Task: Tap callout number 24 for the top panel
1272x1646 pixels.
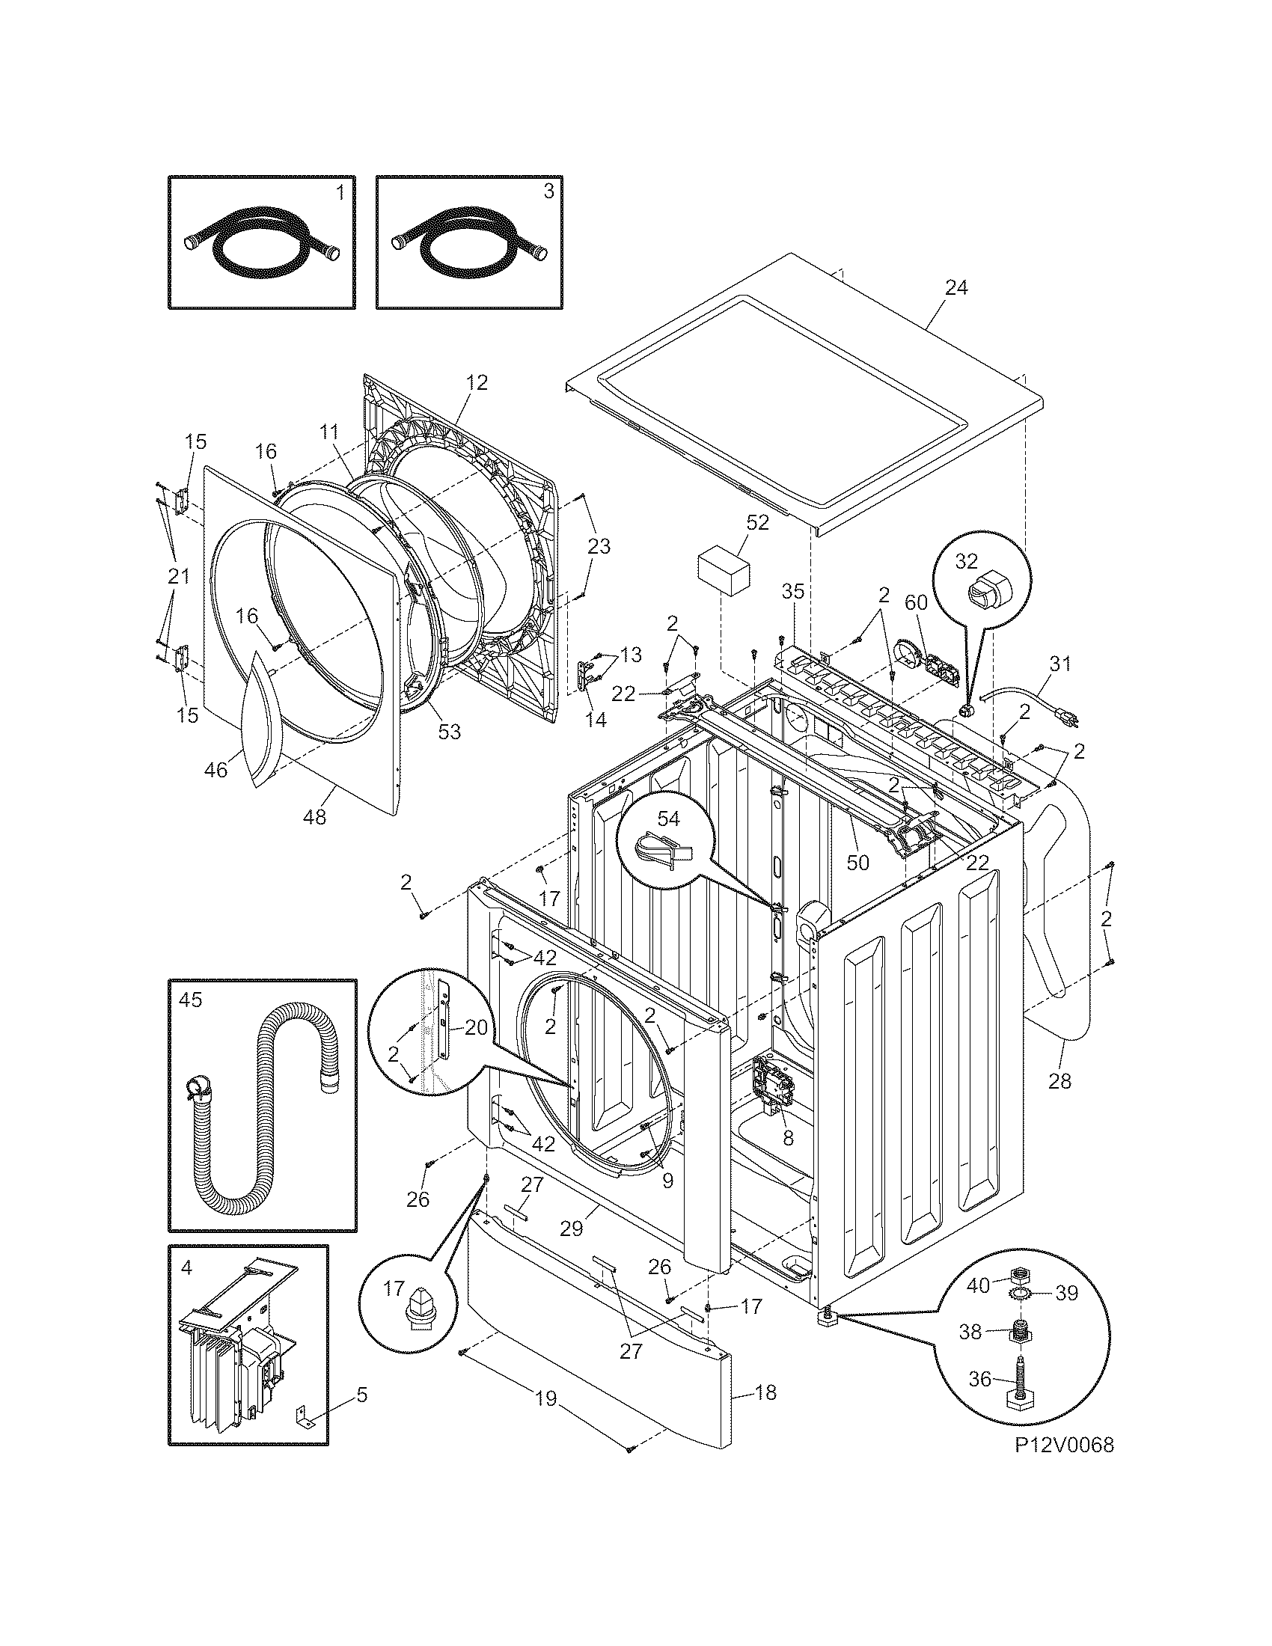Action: [955, 287]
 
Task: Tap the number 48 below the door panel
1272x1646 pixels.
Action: [314, 816]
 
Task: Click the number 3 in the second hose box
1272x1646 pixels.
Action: [548, 192]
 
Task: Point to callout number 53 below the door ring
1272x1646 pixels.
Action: [449, 731]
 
